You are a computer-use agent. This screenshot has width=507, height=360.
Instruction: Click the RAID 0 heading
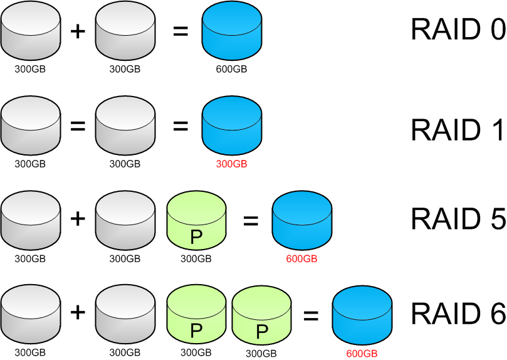(x=458, y=29)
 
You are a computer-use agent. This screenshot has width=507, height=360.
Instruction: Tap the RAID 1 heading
(x=457, y=129)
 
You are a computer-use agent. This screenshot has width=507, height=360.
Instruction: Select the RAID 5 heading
(x=458, y=219)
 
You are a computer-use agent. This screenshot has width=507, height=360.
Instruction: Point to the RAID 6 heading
(x=458, y=313)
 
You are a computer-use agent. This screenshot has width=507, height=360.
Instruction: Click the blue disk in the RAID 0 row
(x=231, y=31)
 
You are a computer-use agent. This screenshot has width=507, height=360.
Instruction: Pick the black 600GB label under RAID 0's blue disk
(x=231, y=69)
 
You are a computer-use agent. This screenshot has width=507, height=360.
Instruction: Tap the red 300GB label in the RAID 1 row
(x=231, y=164)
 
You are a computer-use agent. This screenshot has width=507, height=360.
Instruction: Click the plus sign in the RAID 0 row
(x=78, y=31)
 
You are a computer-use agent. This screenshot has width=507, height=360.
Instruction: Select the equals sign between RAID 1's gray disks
(x=78, y=125)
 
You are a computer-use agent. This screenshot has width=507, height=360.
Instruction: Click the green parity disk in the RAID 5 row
(x=196, y=220)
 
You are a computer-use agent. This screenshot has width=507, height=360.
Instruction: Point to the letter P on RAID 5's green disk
(x=196, y=238)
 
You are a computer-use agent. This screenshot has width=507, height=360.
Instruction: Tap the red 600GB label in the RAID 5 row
(x=301, y=259)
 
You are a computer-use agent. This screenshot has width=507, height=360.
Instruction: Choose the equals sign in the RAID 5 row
(x=251, y=221)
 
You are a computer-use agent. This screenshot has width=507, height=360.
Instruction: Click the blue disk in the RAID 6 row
(x=362, y=315)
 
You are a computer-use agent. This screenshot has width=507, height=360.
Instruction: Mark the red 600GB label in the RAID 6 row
(x=362, y=354)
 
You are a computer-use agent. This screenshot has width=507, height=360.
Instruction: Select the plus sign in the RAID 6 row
(x=78, y=312)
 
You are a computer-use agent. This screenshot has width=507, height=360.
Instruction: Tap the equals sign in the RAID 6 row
(x=311, y=315)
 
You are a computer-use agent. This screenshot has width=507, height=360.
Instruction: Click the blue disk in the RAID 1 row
(x=231, y=125)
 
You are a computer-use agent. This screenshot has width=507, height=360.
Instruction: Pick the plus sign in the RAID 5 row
(x=78, y=219)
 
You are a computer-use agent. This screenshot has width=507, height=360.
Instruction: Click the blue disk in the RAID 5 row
(x=302, y=220)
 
